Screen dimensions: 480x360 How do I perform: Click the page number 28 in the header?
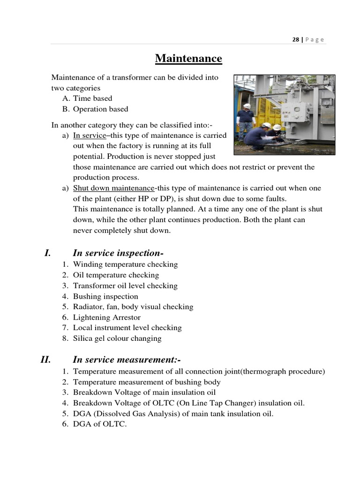[x=295, y=40]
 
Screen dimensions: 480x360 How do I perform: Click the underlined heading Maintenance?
[x=188, y=59]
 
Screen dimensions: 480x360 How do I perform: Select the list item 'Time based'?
[x=92, y=98]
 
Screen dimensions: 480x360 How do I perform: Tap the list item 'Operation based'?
[x=100, y=109]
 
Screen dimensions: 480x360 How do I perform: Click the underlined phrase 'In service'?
[x=90, y=135]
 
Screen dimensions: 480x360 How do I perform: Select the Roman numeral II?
[x=45, y=360]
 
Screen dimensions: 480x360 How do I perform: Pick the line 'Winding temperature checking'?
[x=125, y=264]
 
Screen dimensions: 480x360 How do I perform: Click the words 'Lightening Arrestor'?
[x=106, y=317]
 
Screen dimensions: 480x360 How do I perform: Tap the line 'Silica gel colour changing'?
[x=117, y=338]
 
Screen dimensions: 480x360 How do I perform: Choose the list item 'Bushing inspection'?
[x=105, y=296]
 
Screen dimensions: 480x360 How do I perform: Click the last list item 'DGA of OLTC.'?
[x=100, y=424]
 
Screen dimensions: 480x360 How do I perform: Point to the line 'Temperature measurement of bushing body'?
[x=147, y=382]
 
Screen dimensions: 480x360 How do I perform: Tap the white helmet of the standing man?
[x=246, y=106]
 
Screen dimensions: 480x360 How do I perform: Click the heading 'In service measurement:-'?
[x=127, y=360]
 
